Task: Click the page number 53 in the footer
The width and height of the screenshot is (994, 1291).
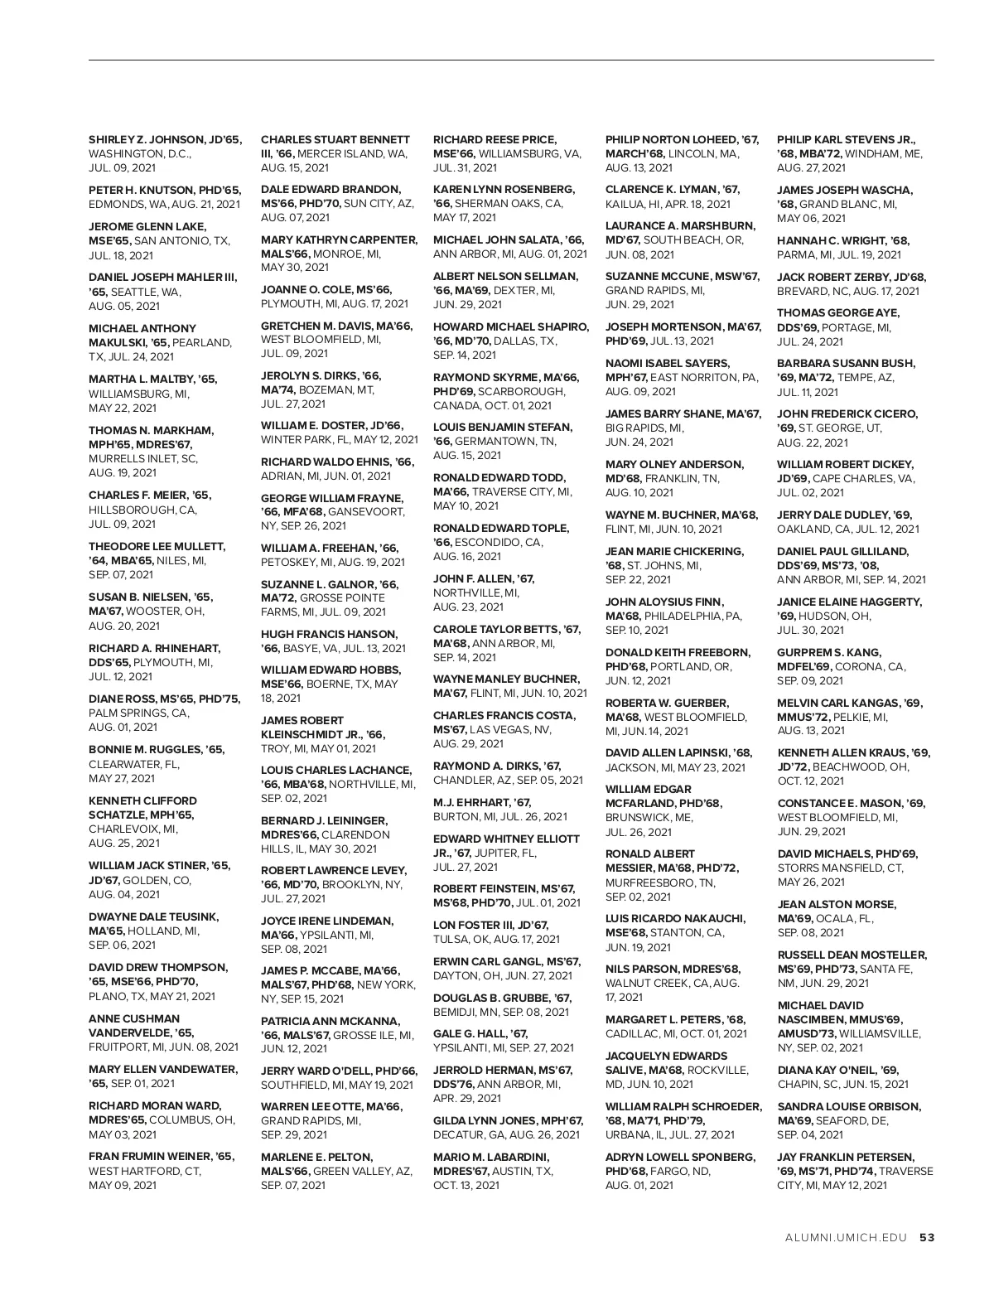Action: coord(927,1238)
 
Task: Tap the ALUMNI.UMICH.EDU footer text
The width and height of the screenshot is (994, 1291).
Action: coord(849,1238)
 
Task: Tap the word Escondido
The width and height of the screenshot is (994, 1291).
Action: coord(499,542)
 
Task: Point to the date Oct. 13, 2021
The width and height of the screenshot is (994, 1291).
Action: coord(466,1185)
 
